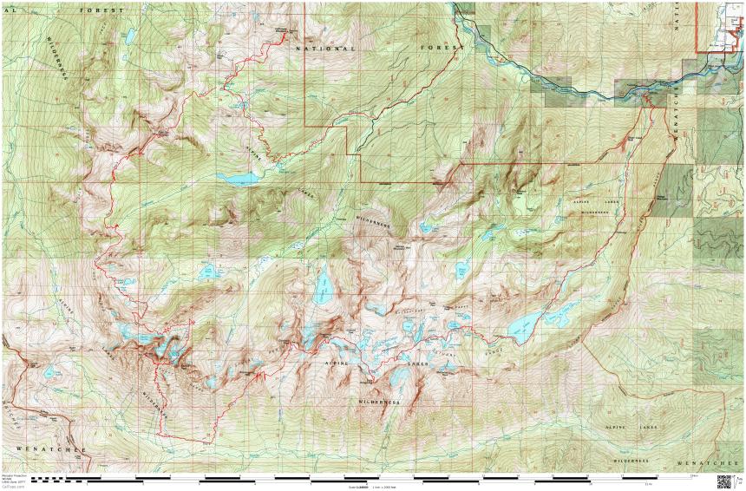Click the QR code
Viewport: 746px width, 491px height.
(724, 481)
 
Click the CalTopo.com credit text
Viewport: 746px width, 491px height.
(13, 487)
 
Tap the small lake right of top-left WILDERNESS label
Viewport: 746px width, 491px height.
(129, 37)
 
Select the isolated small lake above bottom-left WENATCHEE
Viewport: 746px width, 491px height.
(51, 373)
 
